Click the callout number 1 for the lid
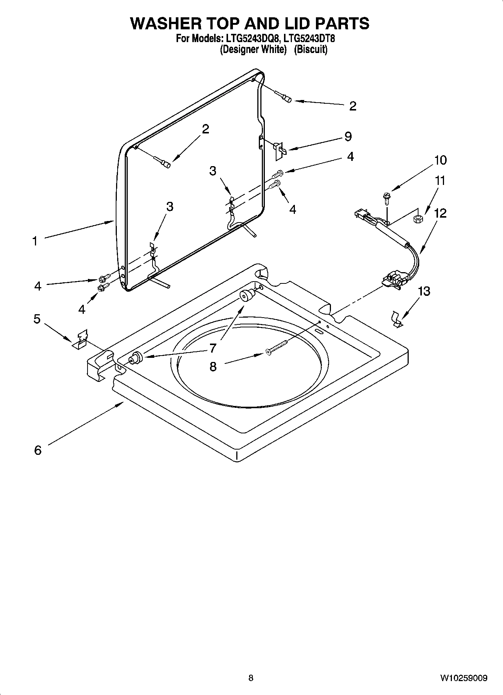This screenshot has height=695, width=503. (35, 241)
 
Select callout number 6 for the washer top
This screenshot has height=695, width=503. (38, 450)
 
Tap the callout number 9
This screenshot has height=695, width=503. (348, 136)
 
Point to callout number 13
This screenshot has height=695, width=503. (424, 291)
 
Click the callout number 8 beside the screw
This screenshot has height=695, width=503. (213, 366)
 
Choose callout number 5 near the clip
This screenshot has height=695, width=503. (37, 319)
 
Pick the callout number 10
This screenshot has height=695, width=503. (440, 160)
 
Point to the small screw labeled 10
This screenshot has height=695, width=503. (386, 197)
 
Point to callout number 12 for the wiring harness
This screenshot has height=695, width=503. (440, 213)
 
